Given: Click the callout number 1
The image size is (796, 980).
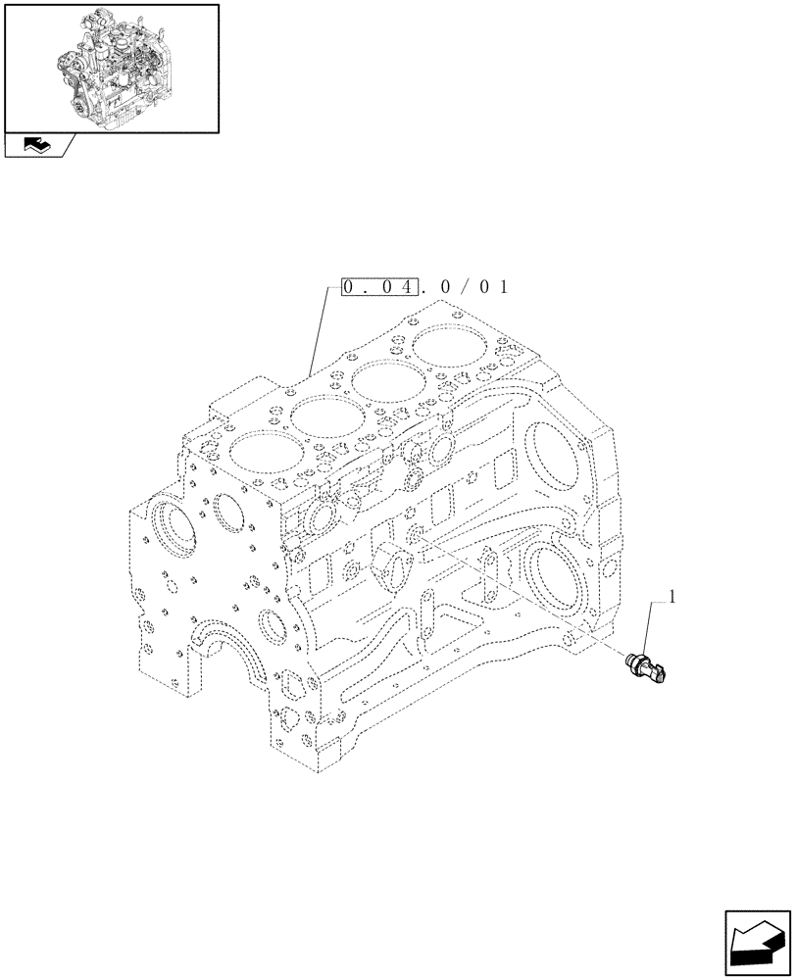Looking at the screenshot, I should point(672,595).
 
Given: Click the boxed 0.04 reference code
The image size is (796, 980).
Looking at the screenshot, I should point(381,287).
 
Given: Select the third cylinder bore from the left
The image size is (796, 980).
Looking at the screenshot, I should point(386,381).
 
